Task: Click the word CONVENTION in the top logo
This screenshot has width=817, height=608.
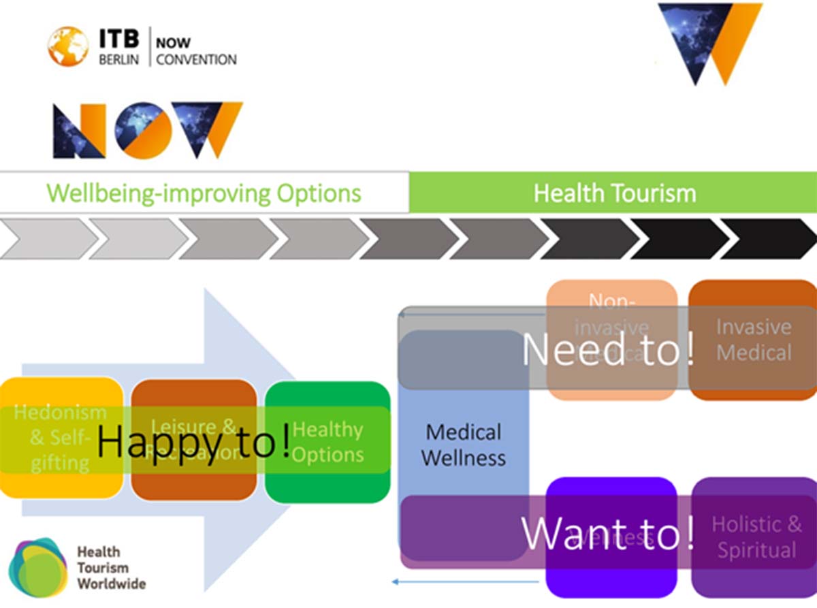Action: pyautogui.click(x=196, y=60)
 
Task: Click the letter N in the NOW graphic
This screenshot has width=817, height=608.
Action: pyautogui.click(x=79, y=130)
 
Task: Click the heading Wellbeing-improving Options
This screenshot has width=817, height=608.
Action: pyautogui.click(x=204, y=193)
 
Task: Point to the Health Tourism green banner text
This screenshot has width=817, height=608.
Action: pyautogui.click(x=614, y=193)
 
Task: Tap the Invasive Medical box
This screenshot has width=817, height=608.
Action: pyautogui.click(x=754, y=340)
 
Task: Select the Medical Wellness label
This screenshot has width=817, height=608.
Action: pyautogui.click(x=463, y=445)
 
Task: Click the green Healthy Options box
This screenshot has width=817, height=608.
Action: pyautogui.click(x=327, y=443)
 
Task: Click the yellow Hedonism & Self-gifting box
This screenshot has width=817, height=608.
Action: pyautogui.click(x=61, y=438)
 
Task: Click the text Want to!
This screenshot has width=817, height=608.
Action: pyautogui.click(x=608, y=534)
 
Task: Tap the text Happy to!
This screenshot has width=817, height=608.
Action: pyautogui.click(x=194, y=442)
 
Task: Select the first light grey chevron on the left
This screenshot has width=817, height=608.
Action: pyautogui.click(x=48, y=239)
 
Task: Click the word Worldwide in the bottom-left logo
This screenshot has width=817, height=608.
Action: pyautogui.click(x=111, y=583)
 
